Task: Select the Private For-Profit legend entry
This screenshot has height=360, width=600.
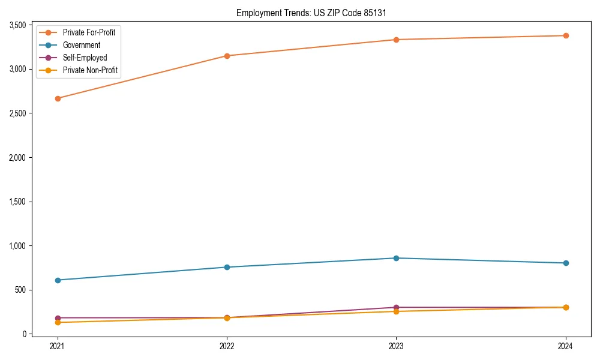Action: [x=89, y=32]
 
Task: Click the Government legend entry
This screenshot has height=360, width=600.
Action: [x=82, y=45]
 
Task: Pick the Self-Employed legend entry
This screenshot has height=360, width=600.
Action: [x=85, y=58]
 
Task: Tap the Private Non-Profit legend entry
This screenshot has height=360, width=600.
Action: [x=90, y=70]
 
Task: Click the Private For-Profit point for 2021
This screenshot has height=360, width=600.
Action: [x=58, y=98]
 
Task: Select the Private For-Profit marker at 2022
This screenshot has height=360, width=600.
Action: [x=227, y=56]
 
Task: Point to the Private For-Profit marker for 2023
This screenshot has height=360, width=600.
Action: [x=396, y=40]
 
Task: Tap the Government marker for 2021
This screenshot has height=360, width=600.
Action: [x=58, y=280]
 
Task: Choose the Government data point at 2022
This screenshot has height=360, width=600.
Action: [x=227, y=267]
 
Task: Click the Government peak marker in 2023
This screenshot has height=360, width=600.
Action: [x=396, y=258]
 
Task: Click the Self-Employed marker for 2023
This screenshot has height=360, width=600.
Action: [x=396, y=307]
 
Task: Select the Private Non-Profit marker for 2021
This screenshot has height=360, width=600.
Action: [x=58, y=322]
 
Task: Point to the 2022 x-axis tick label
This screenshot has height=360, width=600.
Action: [x=227, y=346]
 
